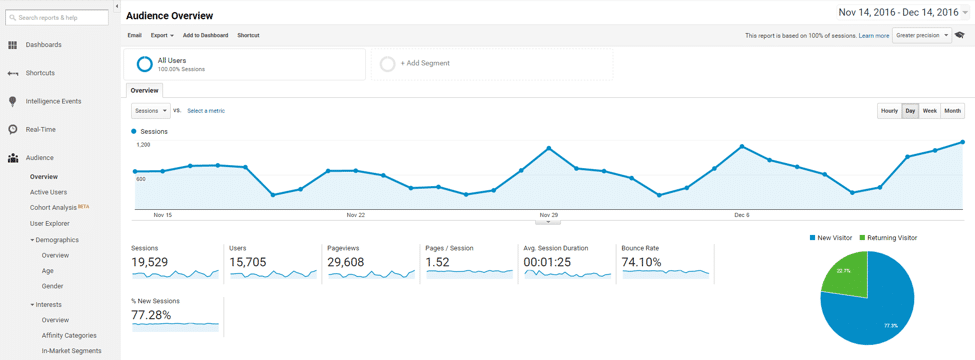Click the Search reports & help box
[x=57, y=18]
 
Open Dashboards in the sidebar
[x=43, y=45]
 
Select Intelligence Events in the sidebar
[x=53, y=101]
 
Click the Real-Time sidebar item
[x=40, y=129]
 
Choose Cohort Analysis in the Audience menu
[x=53, y=207]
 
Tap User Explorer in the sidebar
[x=49, y=223]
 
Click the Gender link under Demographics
[x=52, y=286]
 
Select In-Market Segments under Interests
[x=71, y=351]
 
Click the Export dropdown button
[x=162, y=35]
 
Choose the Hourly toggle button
[x=889, y=111]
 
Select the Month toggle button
[x=952, y=111]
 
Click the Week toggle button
[x=930, y=111]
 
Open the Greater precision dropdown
[x=921, y=35]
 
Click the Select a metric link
[x=206, y=111]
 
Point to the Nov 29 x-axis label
[x=548, y=215]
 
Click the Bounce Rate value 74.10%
[x=641, y=262]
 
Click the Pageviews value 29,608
[x=345, y=262]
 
